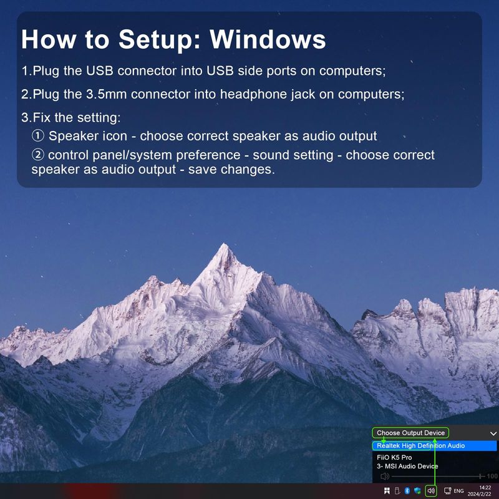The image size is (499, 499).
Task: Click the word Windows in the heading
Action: [x=268, y=39]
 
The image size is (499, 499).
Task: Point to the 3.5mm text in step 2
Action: [x=106, y=94]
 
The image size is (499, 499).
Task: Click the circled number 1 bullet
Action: [x=38, y=136]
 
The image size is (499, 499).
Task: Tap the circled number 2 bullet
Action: [x=38, y=155]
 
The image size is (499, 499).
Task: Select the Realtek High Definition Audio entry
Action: [x=420, y=445]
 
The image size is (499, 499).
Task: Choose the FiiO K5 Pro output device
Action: [x=394, y=457]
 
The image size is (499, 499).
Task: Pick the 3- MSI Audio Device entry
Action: [x=407, y=466]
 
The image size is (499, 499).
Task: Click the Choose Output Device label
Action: [x=410, y=433]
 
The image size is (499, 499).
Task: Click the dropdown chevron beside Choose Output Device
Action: [x=493, y=434]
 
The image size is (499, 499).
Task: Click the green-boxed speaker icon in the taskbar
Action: [x=431, y=491]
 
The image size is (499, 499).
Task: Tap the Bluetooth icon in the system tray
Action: [x=407, y=491]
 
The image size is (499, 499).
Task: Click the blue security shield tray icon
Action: [x=417, y=491]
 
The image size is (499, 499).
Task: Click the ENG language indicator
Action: [x=458, y=491]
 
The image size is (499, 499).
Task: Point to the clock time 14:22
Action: [x=485, y=488]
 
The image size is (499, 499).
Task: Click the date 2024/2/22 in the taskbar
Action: [x=479, y=494]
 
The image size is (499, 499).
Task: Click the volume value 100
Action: [x=492, y=476]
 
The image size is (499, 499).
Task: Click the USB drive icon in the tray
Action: [x=397, y=491]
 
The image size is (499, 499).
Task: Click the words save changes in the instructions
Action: [x=231, y=169]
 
